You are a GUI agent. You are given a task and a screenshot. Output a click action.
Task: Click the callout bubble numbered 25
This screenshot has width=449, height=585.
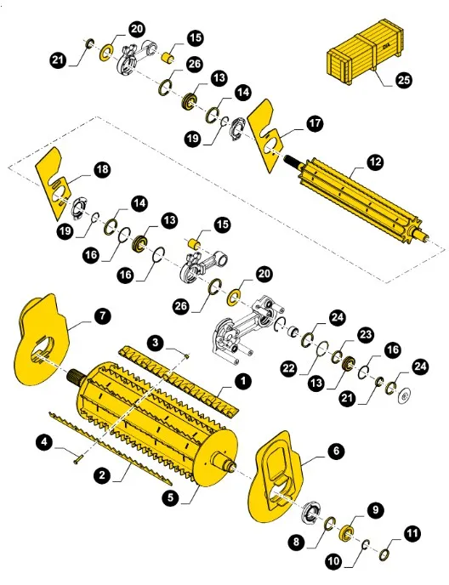pos(403,80)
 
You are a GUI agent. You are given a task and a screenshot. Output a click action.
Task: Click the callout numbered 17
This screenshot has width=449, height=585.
pos(315,123)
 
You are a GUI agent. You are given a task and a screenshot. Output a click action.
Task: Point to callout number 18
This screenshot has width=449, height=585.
pos(102,169)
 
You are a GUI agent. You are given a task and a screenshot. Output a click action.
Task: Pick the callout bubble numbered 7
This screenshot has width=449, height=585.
pos(102,315)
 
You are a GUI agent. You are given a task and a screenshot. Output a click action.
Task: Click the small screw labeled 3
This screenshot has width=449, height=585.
pos(187,356)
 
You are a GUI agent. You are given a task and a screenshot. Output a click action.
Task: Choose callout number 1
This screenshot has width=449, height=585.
pos(243,381)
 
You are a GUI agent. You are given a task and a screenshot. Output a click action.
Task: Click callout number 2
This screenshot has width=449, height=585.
pos(102,475)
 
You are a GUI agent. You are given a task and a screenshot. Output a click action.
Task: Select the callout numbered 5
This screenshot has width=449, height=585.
pos(171,497)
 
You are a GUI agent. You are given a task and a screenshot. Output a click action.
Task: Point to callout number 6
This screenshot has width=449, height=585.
pos(336,451)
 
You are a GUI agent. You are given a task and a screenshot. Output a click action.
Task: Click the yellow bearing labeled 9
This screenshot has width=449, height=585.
pos(346,531)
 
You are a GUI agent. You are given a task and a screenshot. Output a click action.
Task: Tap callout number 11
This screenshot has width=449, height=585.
pos(412,533)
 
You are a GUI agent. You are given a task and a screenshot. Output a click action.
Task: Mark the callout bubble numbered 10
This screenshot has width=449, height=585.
pos(334,560)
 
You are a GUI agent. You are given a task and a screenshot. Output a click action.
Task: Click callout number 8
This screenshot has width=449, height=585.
pos(296,541)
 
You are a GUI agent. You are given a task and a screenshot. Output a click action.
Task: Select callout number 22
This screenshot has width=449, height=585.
pos(289,369)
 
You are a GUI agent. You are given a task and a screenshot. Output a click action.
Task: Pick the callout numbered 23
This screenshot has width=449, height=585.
pos(365,334)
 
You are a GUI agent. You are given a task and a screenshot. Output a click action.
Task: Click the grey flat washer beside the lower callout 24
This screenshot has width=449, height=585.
pos(404,396)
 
